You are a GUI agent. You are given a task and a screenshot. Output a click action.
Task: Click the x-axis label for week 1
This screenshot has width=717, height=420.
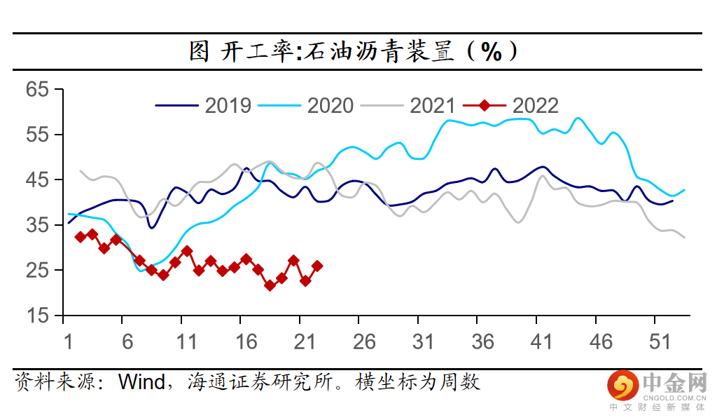pyautogui.click(x=68, y=342)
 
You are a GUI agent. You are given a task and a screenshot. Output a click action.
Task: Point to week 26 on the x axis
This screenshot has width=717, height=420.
pyautogui.click(x=364, y=342)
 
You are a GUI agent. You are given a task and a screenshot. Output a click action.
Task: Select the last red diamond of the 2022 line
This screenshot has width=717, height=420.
pyautogui.click(x=317, y=266)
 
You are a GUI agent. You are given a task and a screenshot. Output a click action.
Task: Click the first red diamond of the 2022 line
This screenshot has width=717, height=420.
pyautogui.click(x=81, y=237)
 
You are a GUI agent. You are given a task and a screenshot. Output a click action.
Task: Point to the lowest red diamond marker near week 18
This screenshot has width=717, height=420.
pyautogui.click(x=270, y=285)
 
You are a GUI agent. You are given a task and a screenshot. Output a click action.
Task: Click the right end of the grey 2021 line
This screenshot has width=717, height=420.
pyautogui.click(x=684, y=237)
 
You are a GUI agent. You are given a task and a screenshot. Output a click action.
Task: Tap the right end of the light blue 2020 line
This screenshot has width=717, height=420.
pyautogui.click(x=684, y=190)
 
